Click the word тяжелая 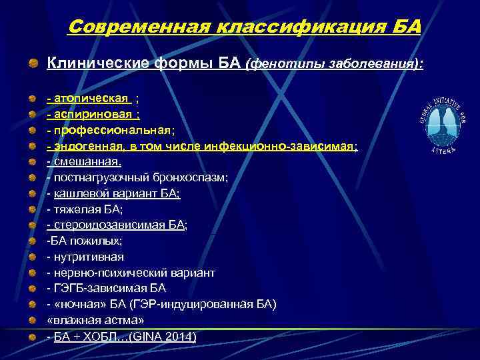[x=75, y=209]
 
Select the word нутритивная [x=88, y=257]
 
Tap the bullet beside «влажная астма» [x=33, y=321]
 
